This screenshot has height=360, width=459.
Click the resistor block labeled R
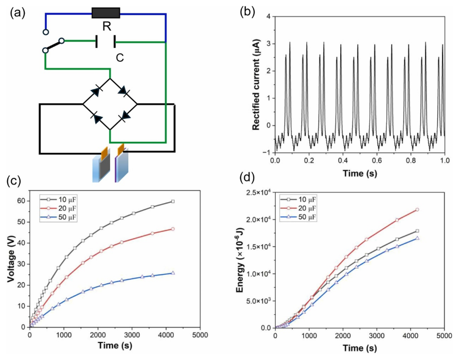click(105, 13)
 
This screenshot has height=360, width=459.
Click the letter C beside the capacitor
click(119, 58)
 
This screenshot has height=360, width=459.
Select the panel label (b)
click(250, 12)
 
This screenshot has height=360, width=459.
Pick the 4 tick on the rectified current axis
click(268, 17)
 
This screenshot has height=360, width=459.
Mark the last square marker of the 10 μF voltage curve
click(172, 201)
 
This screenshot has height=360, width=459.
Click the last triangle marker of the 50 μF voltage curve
click(172, 273)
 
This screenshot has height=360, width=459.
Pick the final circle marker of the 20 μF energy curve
click(417, 209)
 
